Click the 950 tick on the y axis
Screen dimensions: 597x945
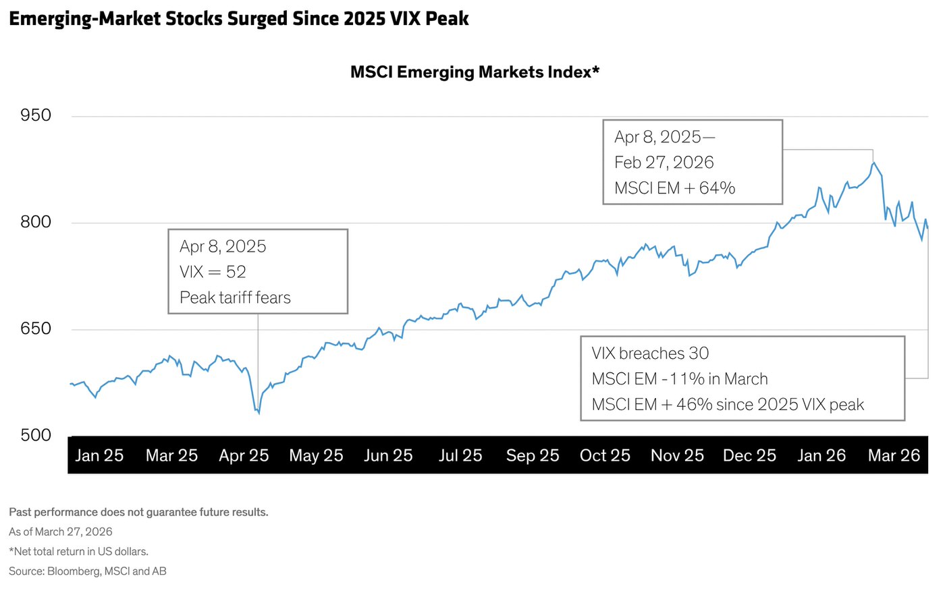pos(36,115)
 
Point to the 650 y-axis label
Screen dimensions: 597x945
pos(36,329)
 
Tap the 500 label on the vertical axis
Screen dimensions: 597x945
pos(36,435)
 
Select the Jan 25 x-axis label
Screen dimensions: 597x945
pos(99,456)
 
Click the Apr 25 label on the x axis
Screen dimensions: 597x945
pos(244,456)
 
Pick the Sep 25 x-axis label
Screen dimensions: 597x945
pos(533,456)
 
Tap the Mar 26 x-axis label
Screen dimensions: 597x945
pos(894,456)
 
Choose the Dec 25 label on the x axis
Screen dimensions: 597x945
pos(749,456)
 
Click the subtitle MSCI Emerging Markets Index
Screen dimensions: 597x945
pos(475,72)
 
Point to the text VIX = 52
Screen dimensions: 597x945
pos(213,272)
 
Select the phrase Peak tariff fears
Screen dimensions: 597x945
pos(235,297)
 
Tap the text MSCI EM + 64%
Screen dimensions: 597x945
pos(674,188)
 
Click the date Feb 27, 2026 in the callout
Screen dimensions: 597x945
pos(664,163)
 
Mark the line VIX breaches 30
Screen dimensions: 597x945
pos(650,353)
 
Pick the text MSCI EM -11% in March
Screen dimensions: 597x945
pos(680,379)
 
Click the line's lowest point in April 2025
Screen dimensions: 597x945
pos(259,413)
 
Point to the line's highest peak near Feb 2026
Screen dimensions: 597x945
pos(873,163)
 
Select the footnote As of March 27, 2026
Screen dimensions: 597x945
pos(61,532)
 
